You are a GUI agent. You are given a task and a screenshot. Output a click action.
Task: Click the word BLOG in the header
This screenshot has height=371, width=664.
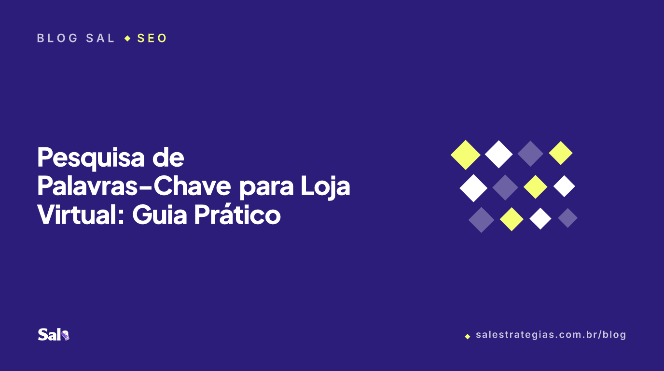(x=57, y=38)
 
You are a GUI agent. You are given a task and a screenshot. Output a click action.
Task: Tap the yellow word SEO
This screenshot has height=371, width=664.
(x=152, y=38)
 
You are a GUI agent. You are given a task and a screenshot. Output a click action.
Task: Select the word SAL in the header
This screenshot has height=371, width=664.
(x=100, y=38)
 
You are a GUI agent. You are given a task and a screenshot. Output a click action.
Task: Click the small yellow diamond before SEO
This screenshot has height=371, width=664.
(x=127, y=38)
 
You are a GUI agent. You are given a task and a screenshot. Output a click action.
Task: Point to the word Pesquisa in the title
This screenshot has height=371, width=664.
(x=91, y=158)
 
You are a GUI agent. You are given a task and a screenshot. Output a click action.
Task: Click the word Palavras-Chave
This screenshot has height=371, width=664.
(x=134, y=186)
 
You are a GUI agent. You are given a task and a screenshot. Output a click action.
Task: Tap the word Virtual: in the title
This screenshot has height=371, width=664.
(x=80, y=215)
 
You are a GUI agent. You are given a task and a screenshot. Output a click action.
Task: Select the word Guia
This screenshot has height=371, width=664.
(x=160, y=215)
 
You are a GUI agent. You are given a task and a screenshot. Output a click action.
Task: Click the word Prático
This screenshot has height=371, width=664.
(x=237, y=214)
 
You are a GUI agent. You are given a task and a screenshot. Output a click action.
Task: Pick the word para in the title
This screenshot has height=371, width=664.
(x=266, y=189)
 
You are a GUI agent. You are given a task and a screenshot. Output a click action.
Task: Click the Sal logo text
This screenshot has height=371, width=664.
(x=50, y=335)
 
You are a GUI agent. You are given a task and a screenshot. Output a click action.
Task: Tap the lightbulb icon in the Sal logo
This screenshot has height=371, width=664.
(x=66, y=335)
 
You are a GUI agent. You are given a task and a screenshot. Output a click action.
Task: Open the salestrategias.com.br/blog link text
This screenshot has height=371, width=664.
(x=551, y=335)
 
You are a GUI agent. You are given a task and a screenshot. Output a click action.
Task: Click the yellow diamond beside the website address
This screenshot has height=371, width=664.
(x=468, y=336)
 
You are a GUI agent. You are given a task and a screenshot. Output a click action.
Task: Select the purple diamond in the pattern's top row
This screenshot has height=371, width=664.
(x=530, y=154)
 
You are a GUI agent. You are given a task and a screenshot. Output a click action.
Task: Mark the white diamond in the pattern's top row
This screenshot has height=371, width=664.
(x=498, y=154)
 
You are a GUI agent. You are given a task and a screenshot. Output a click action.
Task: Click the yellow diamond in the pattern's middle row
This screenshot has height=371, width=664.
(x=535, y=186)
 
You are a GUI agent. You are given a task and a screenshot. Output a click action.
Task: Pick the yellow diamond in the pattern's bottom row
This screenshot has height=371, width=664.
(x=512, y=219)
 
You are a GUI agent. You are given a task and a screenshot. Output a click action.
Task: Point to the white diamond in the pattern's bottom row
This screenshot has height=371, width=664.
(x=540, y=218)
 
